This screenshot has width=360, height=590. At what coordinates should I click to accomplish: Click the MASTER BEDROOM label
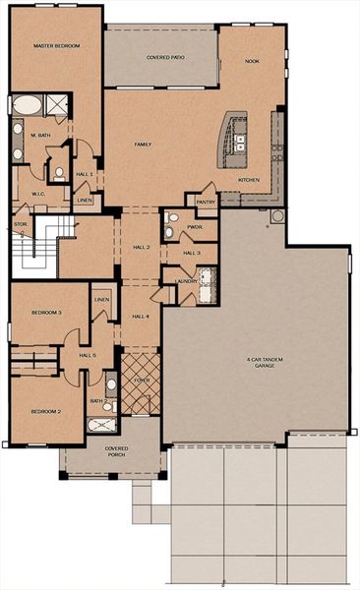pyautogui.click(x=55, y=46)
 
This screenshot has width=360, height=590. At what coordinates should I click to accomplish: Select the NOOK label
pyautogui.click(x=253, y=62)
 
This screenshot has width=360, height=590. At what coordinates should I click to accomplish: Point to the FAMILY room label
pyautogui.click(x=142, y=145)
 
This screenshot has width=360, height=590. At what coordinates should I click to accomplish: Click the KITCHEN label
pyautogui.click(x=249, y=180)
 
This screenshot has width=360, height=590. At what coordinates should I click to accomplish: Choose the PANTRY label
pyautogui.click(x=206, y=202)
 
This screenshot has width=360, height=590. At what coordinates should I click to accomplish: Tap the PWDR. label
pyautogui.click(x=194, y=227)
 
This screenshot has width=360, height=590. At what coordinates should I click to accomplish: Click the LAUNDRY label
pyautogui.click(x=187, y=282)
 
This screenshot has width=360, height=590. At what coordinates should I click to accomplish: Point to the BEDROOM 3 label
pyautogui.click(x=46, y=313)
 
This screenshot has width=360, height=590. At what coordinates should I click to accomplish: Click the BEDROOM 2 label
pyautogui.click(x=45, y=410)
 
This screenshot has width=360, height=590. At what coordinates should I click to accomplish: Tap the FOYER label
pyautogui.click(x=142, y=379)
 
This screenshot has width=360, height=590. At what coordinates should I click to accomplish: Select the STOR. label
pyautogui.click(x=20, y=225)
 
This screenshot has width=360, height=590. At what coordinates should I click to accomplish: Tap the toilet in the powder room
pyautogui.click(x=172, y=232)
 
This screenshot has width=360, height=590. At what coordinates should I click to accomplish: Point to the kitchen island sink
pyautogui.click(x=238, y=143)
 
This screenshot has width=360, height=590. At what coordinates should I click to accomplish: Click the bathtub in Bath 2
pyautogui.click(x=100, y=425)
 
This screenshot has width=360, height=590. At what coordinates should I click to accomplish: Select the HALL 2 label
pyautogui.click(x=141, y=247)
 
